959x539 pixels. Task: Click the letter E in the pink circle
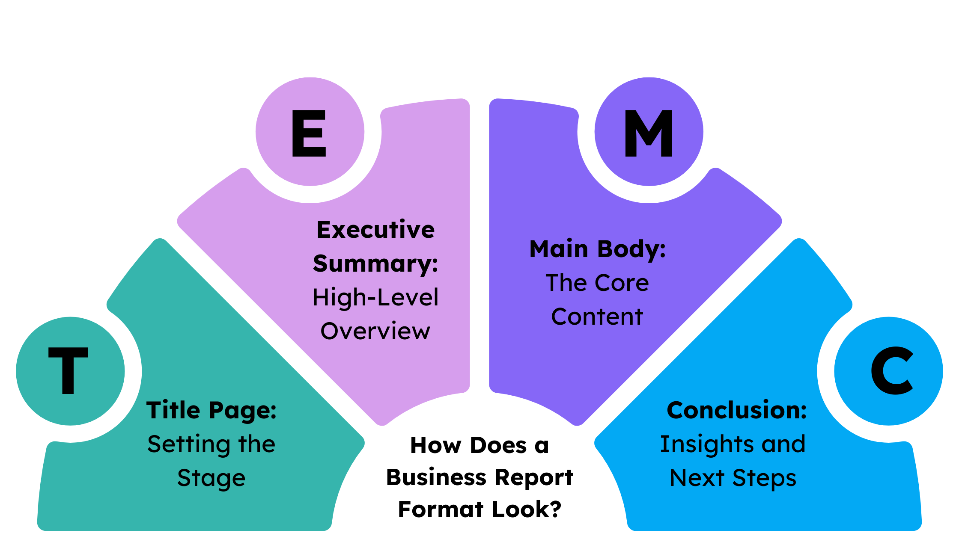click(x=309, y=133)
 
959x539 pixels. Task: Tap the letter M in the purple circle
click(x=649, y=133)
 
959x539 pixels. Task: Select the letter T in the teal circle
click(x=68, y=370)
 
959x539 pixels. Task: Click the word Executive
click(x=375, y=230)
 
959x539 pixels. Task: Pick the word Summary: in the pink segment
click(x=375, y=264)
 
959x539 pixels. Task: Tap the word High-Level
click(x=375, y=298)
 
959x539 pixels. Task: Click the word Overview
click(x=375, y=332)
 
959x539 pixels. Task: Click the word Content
click(x=597, y=317)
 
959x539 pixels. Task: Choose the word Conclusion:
click(x=736, y=411)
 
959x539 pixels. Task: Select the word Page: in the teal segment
click(x=243, y=411)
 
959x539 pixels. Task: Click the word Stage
click(x=211, y=478)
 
